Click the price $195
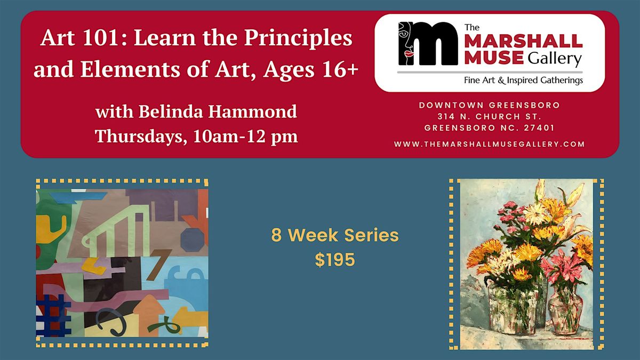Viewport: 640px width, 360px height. pyautogui.click(x=334, y=260)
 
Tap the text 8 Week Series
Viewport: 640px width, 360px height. pyautogui.click(x=334, y=235)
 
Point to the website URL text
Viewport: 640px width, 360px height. pyautogui.click(x=490, y=144)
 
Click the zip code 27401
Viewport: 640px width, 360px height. pyautogui.click(x=538, y=128)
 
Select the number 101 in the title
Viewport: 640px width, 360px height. pyautogui.click(x=91, y=39)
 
